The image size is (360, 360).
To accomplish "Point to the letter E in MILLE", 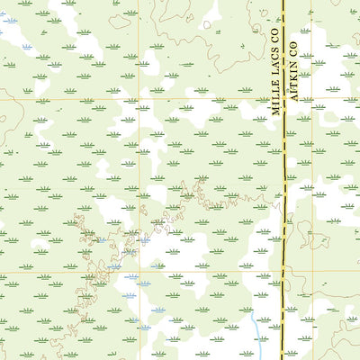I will (276, 88).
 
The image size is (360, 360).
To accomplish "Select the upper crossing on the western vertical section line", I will (127, 98).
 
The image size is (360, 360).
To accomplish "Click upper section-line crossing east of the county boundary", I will (312, 98).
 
